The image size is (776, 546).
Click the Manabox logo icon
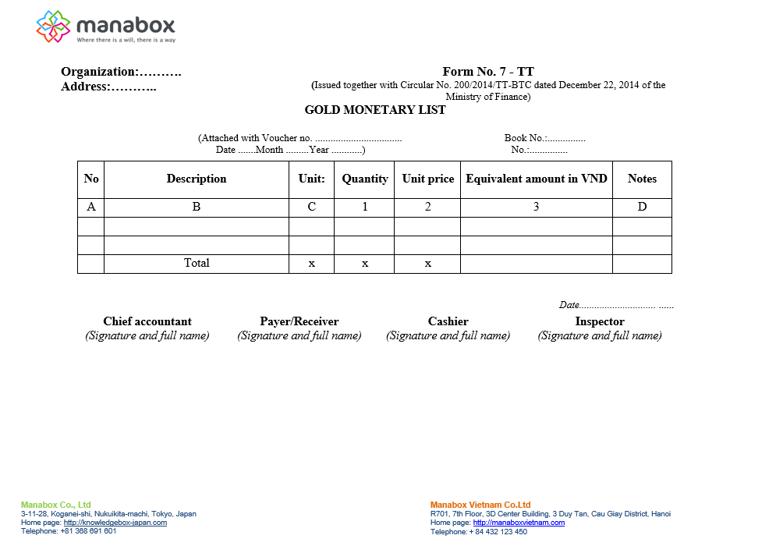[x=54, y=27]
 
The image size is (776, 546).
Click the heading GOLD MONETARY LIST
[x=375, y=110]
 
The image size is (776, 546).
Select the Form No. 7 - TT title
[x=488, y=72]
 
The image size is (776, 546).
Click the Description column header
[x=197, y=179]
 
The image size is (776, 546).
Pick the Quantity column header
[x=364, y=179]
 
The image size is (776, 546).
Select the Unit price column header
[x=427, y=179]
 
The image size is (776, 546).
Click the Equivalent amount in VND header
[x=537, y=179]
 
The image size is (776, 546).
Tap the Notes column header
[x=642, y=179]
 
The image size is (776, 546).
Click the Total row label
[x=197, y=263]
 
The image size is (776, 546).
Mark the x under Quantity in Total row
[x=364, y=264]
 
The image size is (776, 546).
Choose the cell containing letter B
[x=197, y=207]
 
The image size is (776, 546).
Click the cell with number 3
[x=537, y=207]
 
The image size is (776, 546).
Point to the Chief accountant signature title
[x=147, y=321]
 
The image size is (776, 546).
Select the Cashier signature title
[x=448, y=321]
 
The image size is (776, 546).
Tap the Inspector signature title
[x=600, y=321]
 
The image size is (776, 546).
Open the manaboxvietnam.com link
[x=519, y=523]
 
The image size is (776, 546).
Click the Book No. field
[x=544, y=138]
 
